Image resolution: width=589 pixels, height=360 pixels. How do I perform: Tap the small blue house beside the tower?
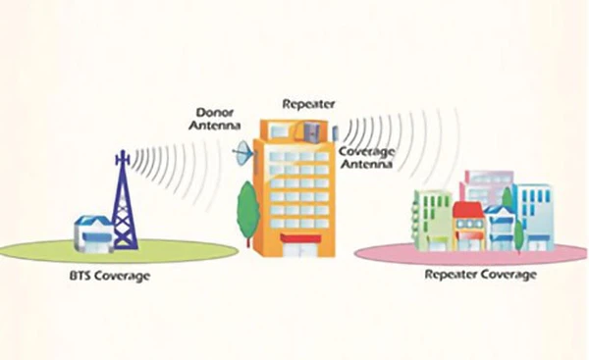tap(92, 233)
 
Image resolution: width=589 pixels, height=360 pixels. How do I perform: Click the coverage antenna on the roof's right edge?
tap(335, 131)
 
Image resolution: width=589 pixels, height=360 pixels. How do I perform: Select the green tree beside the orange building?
tap(247, 208)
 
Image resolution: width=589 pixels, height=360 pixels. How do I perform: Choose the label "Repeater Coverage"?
tap(480, 276)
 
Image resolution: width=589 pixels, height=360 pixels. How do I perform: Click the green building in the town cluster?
tap(432, 217)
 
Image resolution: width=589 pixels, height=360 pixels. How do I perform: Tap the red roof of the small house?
tap(467, 209)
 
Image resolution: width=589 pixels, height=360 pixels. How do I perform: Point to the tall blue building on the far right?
tap(534, 213)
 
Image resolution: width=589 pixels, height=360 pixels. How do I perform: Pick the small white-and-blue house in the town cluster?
tap(500, 228)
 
